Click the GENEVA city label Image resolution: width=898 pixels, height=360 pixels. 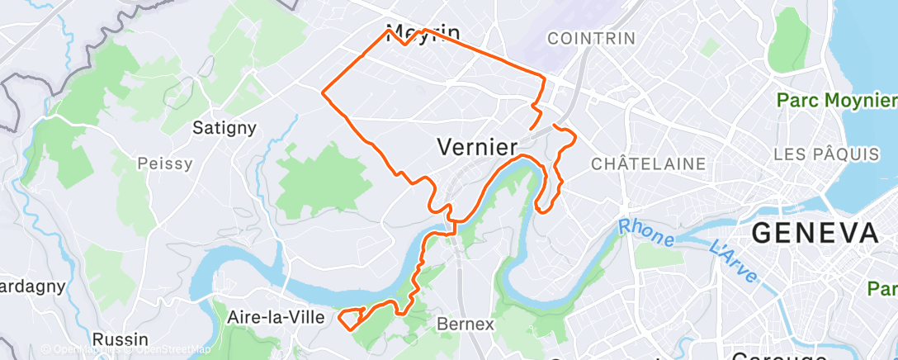(815, 234)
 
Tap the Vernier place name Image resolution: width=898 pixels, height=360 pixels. (476, 147)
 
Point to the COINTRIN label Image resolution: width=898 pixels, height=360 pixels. (591, 38)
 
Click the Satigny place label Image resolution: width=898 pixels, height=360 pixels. (224, 128)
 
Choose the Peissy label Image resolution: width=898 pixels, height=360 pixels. (165, 163)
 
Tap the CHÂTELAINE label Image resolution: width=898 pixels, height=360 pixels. (649, 163)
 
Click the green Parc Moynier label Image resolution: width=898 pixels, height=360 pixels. (834, 100)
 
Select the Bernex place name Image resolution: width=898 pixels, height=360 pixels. (466, 324)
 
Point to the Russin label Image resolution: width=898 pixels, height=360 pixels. (120, 339)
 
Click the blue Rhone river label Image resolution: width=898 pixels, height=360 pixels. (645, 232)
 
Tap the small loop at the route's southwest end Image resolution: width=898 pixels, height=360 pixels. (350, 317)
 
